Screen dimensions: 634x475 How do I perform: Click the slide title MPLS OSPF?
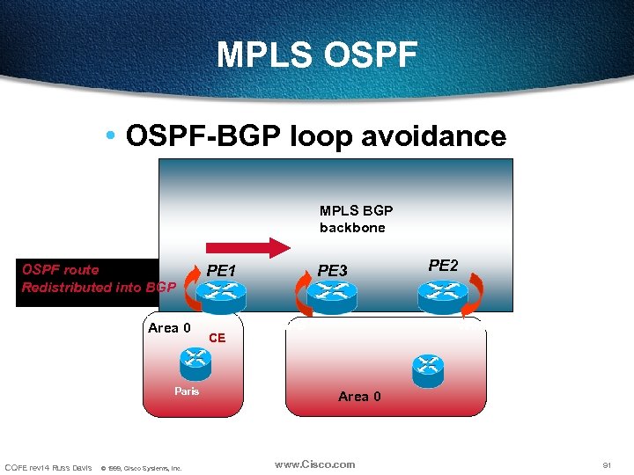(x=317, y=55)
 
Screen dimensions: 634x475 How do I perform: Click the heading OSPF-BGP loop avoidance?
(x=316, y=136)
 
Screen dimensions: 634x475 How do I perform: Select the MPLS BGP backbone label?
(x=356, y=219)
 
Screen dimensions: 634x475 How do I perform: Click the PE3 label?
(x=333, y=271)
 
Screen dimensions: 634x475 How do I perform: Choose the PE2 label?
(x=443, y=265)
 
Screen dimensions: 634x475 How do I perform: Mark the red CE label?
(x=217, y=338)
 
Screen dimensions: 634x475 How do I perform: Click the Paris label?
(x=187, y=391)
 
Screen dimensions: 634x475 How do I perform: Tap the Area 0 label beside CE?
(x=169, y=328)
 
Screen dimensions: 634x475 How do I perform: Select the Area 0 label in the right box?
(x=359, y=397)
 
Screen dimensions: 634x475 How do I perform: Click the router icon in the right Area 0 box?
(x=428, y=367)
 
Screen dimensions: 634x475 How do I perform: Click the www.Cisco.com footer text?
(x=314, y=464)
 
